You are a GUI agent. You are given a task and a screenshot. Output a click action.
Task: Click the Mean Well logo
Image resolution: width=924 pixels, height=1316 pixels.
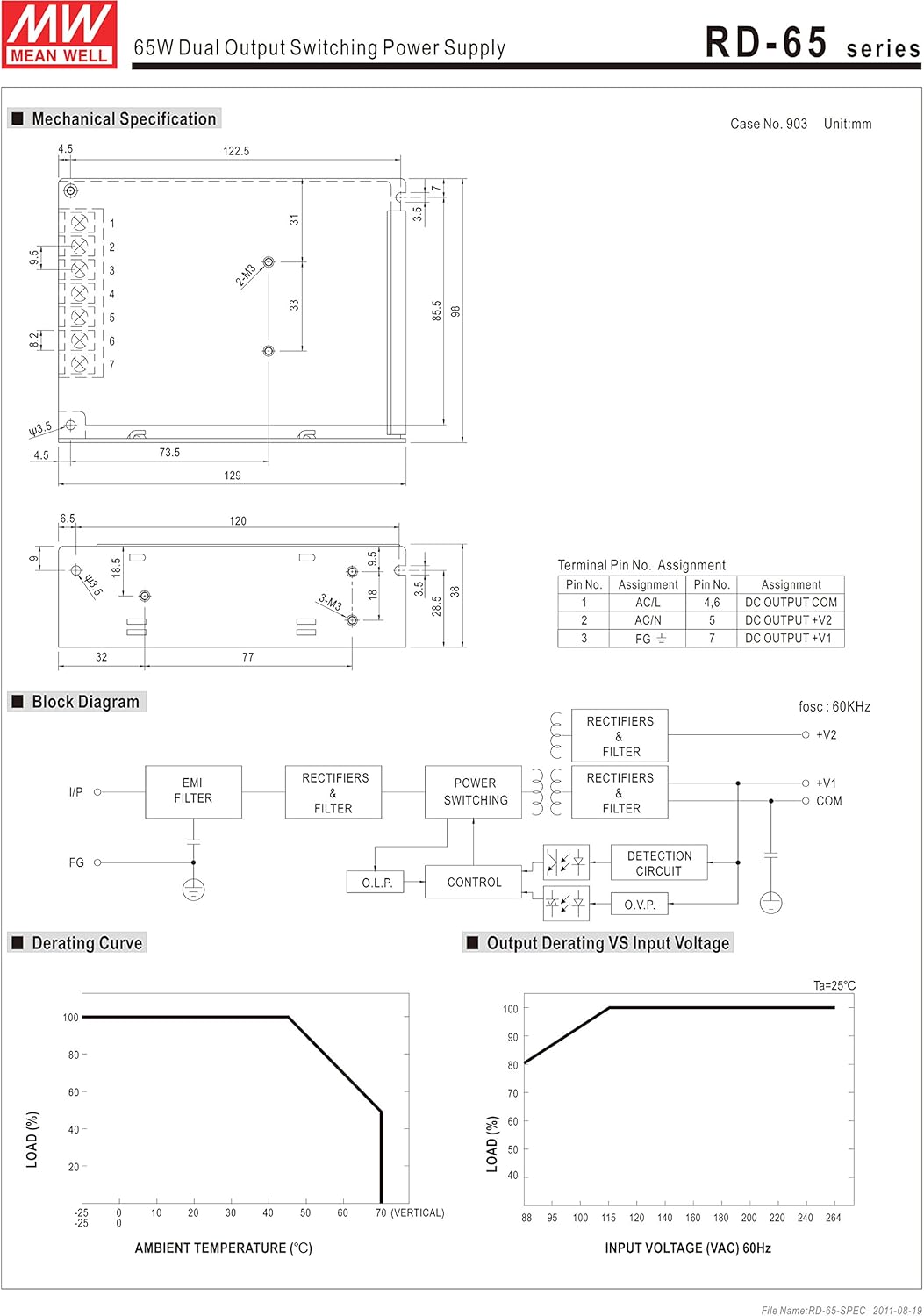click(x=60, y=35)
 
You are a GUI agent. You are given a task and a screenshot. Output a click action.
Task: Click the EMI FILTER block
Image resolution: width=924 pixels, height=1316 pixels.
click(x=193, y=791)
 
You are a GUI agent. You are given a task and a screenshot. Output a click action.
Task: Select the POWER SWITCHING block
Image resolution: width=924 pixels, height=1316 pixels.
click(x=475, y=791)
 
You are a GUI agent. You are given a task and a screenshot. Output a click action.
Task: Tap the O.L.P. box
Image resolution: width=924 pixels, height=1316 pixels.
click(x=376, y=883)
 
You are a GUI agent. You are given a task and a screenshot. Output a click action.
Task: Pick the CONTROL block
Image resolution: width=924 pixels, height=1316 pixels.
click(x=474, y=883)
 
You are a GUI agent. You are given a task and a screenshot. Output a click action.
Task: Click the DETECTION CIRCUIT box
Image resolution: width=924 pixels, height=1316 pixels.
click(x=659, y=863)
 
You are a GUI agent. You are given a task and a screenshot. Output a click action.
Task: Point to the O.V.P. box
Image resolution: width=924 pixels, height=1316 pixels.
click(x=640, y=905)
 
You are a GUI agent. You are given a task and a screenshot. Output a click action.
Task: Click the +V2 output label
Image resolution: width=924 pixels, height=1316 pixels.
click(x=827, y=735)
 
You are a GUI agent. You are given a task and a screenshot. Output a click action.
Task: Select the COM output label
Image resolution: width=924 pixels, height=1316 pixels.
click(x=828, y=801)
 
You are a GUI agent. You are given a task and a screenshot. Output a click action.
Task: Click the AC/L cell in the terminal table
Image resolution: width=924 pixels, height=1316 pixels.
click(x=648, y=603)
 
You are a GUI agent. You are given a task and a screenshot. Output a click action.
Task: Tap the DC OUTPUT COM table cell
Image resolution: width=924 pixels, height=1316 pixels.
click(x=791, y=603)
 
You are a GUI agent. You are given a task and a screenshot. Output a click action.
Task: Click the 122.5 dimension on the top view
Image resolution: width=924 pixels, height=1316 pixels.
click(x=236, y=151)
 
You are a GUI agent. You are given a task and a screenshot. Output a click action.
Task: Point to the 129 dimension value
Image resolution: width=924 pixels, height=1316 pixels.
click(x=233, y=476)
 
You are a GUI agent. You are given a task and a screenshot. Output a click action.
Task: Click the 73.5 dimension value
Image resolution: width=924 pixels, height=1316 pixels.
click(x=169, y=453)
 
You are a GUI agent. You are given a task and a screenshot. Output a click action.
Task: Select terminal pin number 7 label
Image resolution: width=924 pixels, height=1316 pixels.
click(x=111, y=365)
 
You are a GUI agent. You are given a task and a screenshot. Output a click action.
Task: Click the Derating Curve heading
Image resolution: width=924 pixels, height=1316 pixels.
click(x=87, y=943)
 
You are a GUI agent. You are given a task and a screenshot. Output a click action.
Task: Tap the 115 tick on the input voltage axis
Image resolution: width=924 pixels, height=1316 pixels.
click(x=609, y=1218)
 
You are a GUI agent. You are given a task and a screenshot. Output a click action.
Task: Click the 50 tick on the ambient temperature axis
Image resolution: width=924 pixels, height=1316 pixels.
click(x=305, y=1213)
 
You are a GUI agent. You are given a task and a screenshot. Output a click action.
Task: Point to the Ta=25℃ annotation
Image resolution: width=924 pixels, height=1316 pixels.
click(x=834, y=986)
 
